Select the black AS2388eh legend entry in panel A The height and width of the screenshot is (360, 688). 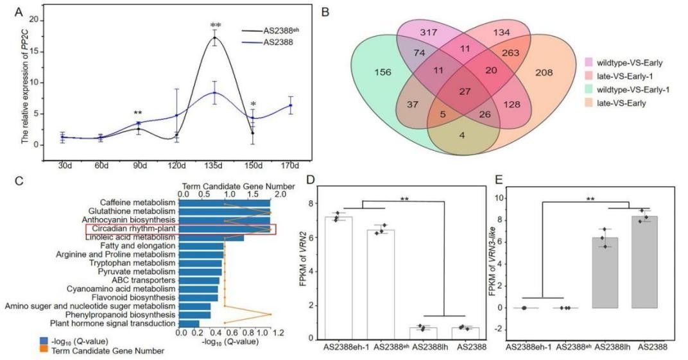(x=270, y=30)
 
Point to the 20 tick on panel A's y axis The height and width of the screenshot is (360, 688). (x=33, y=20)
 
